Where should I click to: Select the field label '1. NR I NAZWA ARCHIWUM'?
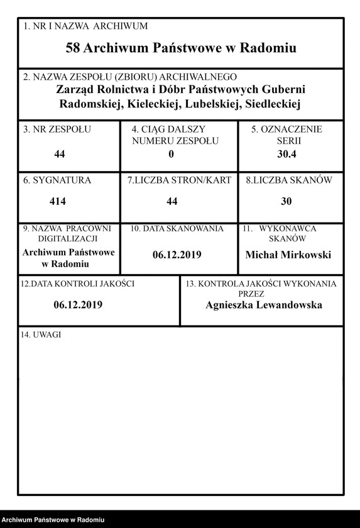click(x=85, y=26)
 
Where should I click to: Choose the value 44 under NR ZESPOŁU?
click(x=60, y=154)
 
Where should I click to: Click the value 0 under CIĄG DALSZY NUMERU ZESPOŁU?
click(x=171, y=154)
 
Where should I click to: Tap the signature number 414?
click(x=58, y=202)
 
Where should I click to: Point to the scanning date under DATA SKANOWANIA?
click(x=177, y=255)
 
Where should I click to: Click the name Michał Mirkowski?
click(x=288, y=255)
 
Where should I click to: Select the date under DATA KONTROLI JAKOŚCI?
click(x=78, y=305)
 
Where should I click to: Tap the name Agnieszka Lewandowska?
click(x=263, y=305)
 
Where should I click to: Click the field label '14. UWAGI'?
click(x=41, y=334)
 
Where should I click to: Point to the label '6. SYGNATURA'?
click(x=57, y=180)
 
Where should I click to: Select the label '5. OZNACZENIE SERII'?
click(x=287, y=135)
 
